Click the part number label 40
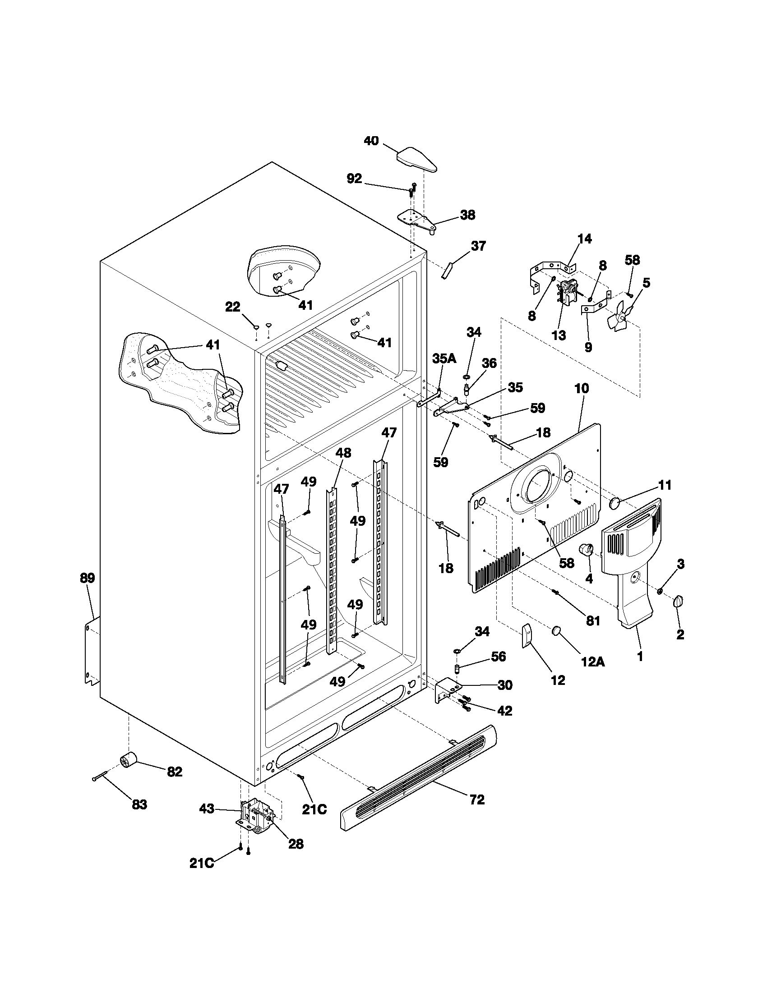[x=371, y=141]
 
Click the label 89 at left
[x=87, y=578]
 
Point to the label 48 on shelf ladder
[x=343, y=453]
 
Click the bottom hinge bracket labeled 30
[x=446, y=690]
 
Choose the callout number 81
[x=593, y=621]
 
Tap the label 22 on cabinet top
[x=233, y=307]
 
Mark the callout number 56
[x=499, y=657]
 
